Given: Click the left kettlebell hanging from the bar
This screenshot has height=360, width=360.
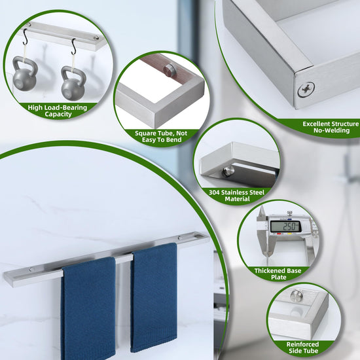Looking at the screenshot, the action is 25,74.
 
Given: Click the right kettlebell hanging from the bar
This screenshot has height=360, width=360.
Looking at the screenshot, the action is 73,84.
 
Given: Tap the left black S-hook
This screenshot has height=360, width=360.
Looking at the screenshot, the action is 26,37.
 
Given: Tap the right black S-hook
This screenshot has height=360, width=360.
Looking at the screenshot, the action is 73,47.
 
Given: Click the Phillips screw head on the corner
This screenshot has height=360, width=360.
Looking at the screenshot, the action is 306,90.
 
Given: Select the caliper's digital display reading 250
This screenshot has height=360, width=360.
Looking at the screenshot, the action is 285,226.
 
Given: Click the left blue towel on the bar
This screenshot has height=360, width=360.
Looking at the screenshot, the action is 88,308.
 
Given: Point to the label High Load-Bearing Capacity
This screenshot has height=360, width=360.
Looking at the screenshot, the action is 58,111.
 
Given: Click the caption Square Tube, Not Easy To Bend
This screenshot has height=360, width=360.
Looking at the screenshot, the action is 161,137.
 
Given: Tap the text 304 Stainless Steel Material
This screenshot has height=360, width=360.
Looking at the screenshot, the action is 237,196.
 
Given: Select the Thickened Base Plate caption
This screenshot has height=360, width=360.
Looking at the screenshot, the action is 278,274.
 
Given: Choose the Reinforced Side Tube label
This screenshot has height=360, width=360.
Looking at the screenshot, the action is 303,348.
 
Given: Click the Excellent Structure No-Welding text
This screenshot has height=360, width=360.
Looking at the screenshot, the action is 331,127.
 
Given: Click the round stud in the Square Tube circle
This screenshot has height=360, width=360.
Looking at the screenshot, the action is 169,69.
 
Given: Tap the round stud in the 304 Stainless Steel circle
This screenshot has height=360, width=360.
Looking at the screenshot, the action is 228,171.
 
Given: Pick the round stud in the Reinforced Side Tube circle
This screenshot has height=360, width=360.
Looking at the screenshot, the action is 296,296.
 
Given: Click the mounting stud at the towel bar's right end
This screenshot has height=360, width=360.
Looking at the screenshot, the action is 181,238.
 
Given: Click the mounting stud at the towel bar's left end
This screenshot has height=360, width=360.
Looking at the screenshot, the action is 31,269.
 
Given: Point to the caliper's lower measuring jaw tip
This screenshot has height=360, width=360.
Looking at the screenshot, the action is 266,255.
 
